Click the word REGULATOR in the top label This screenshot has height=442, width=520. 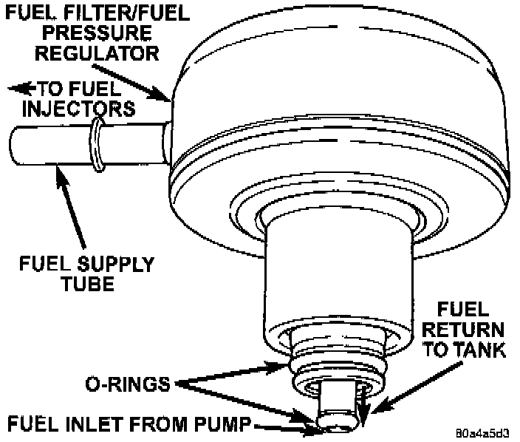coord(109,52)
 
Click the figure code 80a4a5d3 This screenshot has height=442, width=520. coord(485,430)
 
